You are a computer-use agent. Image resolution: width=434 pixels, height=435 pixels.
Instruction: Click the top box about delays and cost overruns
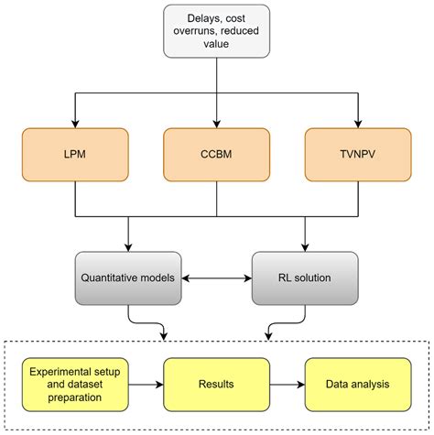(x=216, y=38)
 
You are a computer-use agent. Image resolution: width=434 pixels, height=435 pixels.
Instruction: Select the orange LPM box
(x=73, y=154)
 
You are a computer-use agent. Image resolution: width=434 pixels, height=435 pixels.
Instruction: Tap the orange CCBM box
(x=216, y=154)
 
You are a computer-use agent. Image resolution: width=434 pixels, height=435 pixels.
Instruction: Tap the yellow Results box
(x=217, y=383)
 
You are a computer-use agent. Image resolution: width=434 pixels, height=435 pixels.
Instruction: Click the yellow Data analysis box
(x=357, y=383)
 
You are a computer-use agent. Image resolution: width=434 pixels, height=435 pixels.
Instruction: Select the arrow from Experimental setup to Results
(x=146, y=383)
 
